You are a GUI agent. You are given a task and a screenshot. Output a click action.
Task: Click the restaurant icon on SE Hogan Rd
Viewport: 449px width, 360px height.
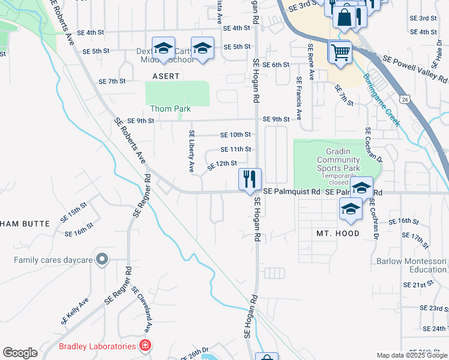pyautogui.click(x=250, y=179)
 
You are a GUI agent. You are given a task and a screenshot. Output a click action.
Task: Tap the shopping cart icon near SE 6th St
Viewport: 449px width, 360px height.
pyautogui.click(x=340, y=52)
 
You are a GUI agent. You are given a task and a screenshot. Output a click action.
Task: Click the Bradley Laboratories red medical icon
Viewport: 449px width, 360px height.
pyautogui.click(x=144, y=346)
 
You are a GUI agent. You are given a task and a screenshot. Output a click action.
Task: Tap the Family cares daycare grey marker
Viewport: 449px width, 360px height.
pyautogui.click(x=102, y=259)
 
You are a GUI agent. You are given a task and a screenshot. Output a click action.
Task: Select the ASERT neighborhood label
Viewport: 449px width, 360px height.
pyautogui.click(x=166, y=77)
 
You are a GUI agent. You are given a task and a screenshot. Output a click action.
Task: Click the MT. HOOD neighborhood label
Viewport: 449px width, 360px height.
pyautogui.click(x=338, y=233)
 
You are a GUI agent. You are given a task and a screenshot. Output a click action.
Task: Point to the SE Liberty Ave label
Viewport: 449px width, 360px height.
pyautogui.click(x=191, y=152)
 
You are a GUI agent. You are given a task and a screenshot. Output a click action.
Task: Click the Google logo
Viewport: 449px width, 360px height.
pyautogui.click(x=20, y=353)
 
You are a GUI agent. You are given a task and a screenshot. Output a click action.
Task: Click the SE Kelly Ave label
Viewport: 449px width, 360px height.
pyautogui.click(x=74, y=311)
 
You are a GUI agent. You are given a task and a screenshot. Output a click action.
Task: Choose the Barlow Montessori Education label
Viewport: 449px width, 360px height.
pyautogui.click(x=412, y=266)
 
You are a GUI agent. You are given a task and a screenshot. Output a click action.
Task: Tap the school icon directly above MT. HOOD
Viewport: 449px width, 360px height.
pyautogui.click(x=351, y=209)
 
